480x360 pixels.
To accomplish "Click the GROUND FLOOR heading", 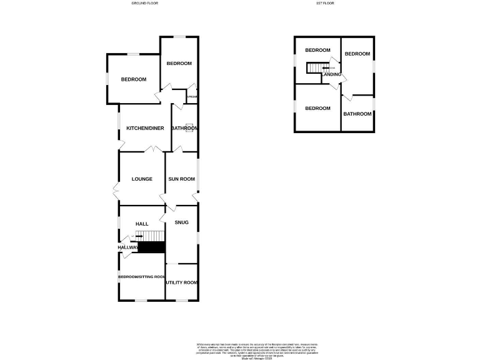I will tap(144, 4).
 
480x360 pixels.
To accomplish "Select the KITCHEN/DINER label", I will tap(145, 128).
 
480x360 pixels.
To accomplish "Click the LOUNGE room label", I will tap(142, 179).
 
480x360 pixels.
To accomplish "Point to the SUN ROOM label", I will tap(181, 179).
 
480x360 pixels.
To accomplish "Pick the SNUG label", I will tap(181, 222).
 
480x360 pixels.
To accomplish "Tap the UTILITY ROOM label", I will tap(182, 282).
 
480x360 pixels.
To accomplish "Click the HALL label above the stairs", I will tap(141, 224).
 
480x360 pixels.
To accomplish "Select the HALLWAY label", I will tap(127, 247).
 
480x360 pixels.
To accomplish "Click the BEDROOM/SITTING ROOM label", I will tap(142, 277).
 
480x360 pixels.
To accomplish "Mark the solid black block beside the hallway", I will tap(151, 247).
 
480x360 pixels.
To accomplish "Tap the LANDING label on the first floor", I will tap(332, 75).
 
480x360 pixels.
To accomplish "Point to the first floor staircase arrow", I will tap(326, 67).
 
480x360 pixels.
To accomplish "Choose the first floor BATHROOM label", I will tap(357, 114).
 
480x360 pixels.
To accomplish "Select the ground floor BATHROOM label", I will tap(185, 128).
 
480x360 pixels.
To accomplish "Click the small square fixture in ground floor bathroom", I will tap(194, 128).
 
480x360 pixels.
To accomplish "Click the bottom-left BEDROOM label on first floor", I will tap(317, 108).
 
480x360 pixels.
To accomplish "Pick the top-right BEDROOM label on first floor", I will tap(357, 54).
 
